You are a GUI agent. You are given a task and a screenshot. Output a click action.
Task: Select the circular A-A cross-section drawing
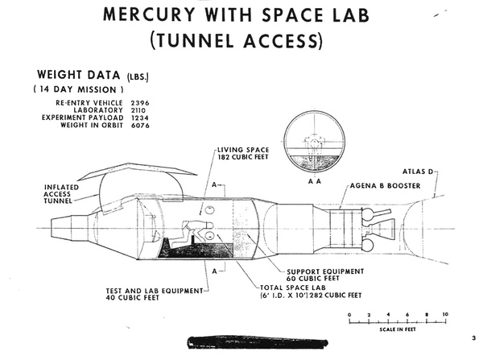coord(310,146)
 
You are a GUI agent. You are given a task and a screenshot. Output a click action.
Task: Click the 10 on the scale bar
coord(444,314)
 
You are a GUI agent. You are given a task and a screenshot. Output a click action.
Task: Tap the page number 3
coord(474,337)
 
